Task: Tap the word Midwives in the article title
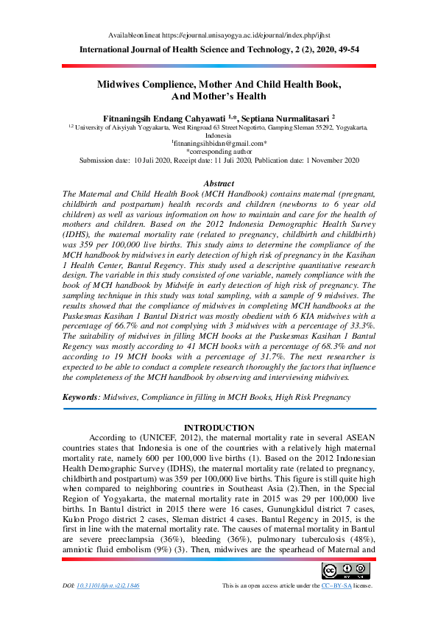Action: (122, 85)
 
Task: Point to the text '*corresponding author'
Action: (219, 151)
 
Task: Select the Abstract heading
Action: (219, 183)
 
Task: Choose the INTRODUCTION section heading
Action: (219, 428)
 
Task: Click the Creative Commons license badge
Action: (345, 570)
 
